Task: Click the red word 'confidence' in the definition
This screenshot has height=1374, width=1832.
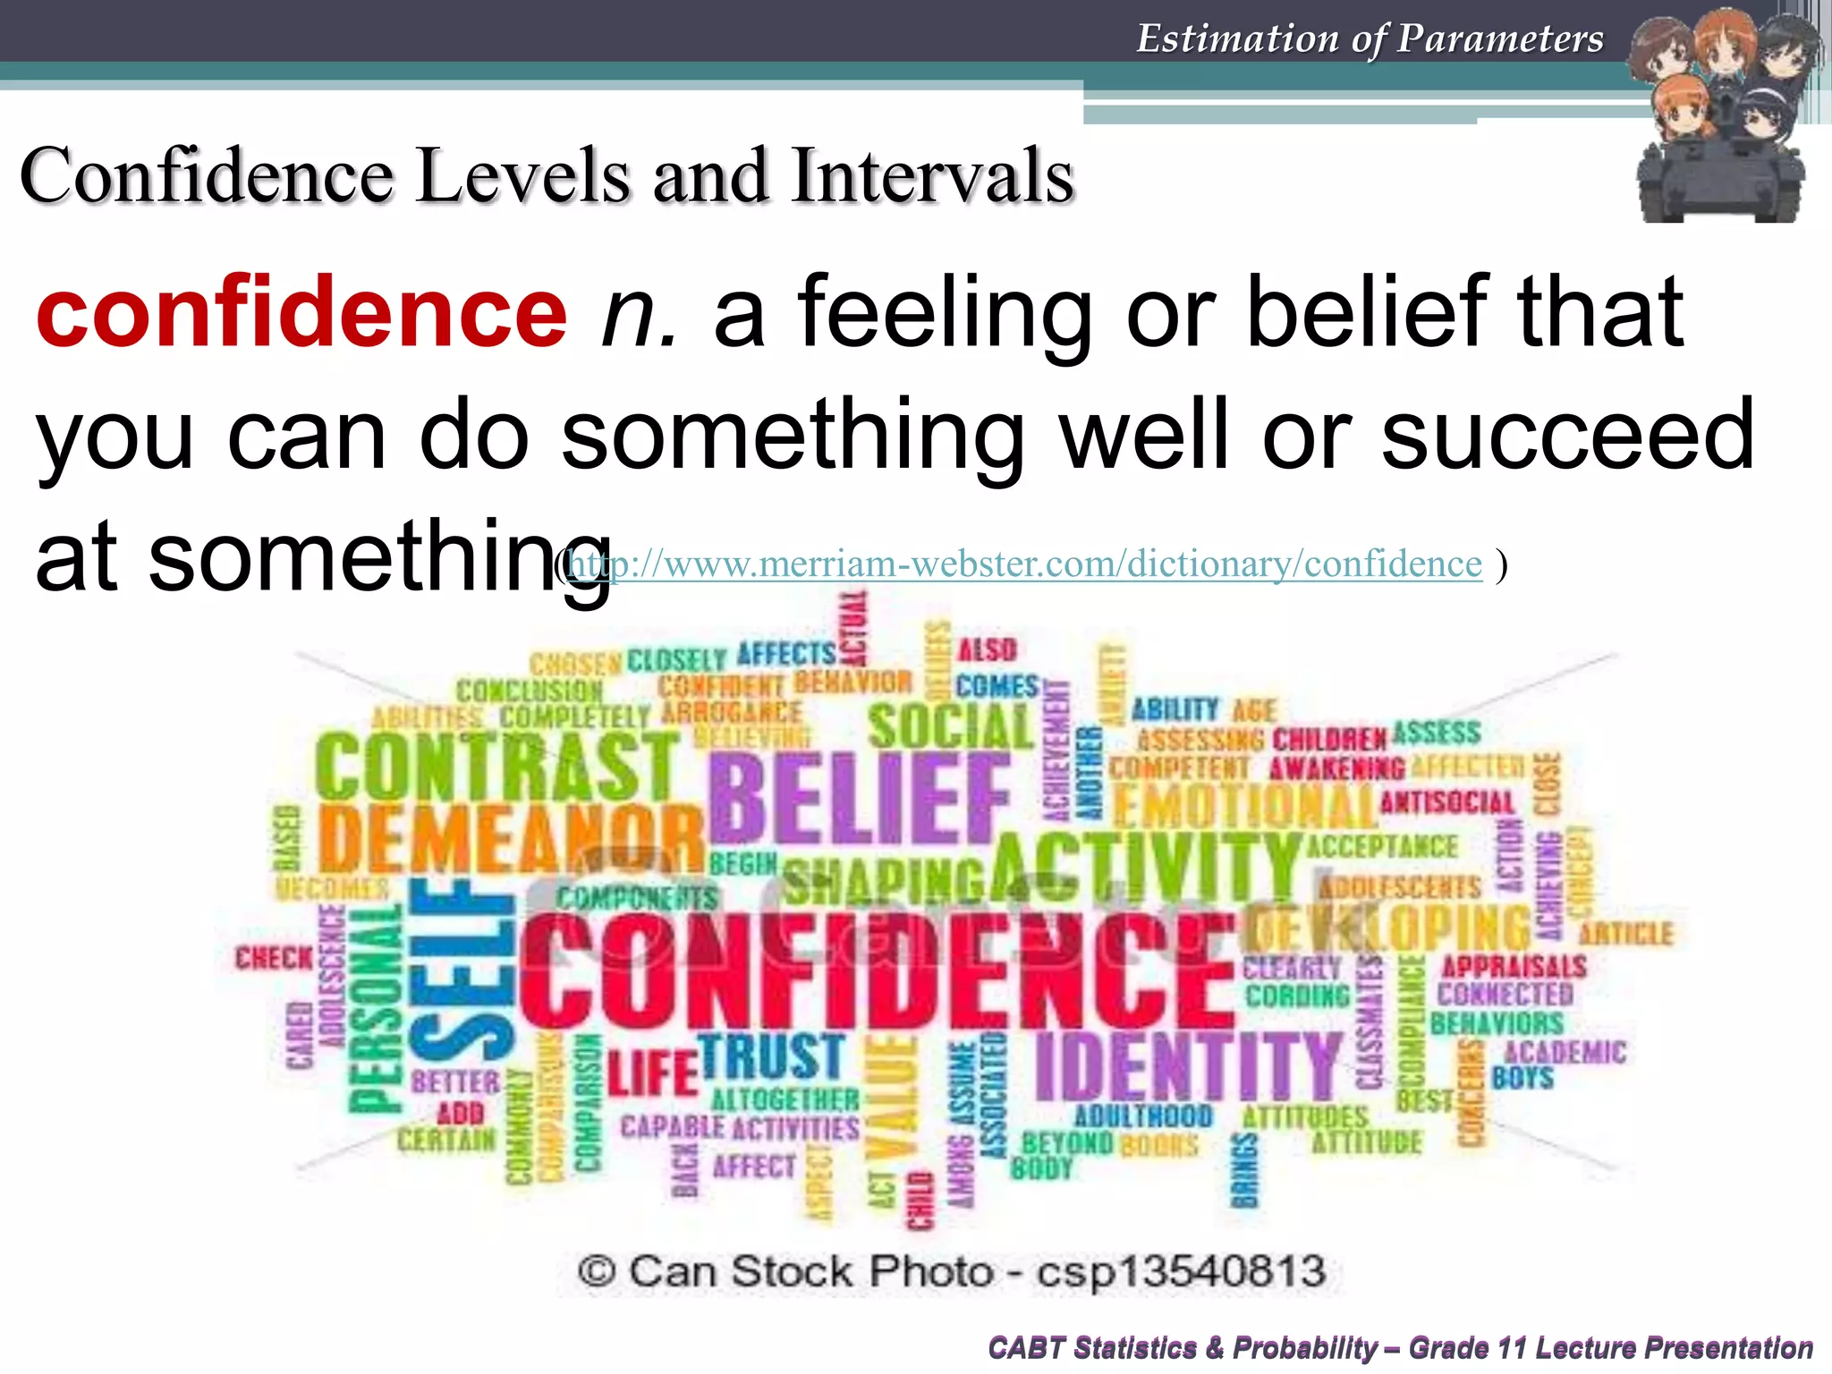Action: (301, 313)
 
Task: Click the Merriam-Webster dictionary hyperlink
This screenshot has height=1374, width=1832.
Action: (1025, 564)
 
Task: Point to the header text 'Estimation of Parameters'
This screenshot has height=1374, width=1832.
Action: (1370, 38)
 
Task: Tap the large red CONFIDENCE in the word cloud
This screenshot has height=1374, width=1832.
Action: (877, 972)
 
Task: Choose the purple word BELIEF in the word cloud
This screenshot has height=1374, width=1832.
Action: (859, 798)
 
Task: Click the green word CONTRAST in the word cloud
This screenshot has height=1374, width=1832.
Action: (497, 768)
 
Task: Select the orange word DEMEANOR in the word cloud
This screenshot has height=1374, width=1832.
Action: (511, 839)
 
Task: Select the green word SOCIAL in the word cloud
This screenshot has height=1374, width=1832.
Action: (950, 726)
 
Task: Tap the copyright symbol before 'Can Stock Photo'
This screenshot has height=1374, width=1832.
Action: (597, 1271)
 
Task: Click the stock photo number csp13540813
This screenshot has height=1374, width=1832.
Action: (1181, 1271)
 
